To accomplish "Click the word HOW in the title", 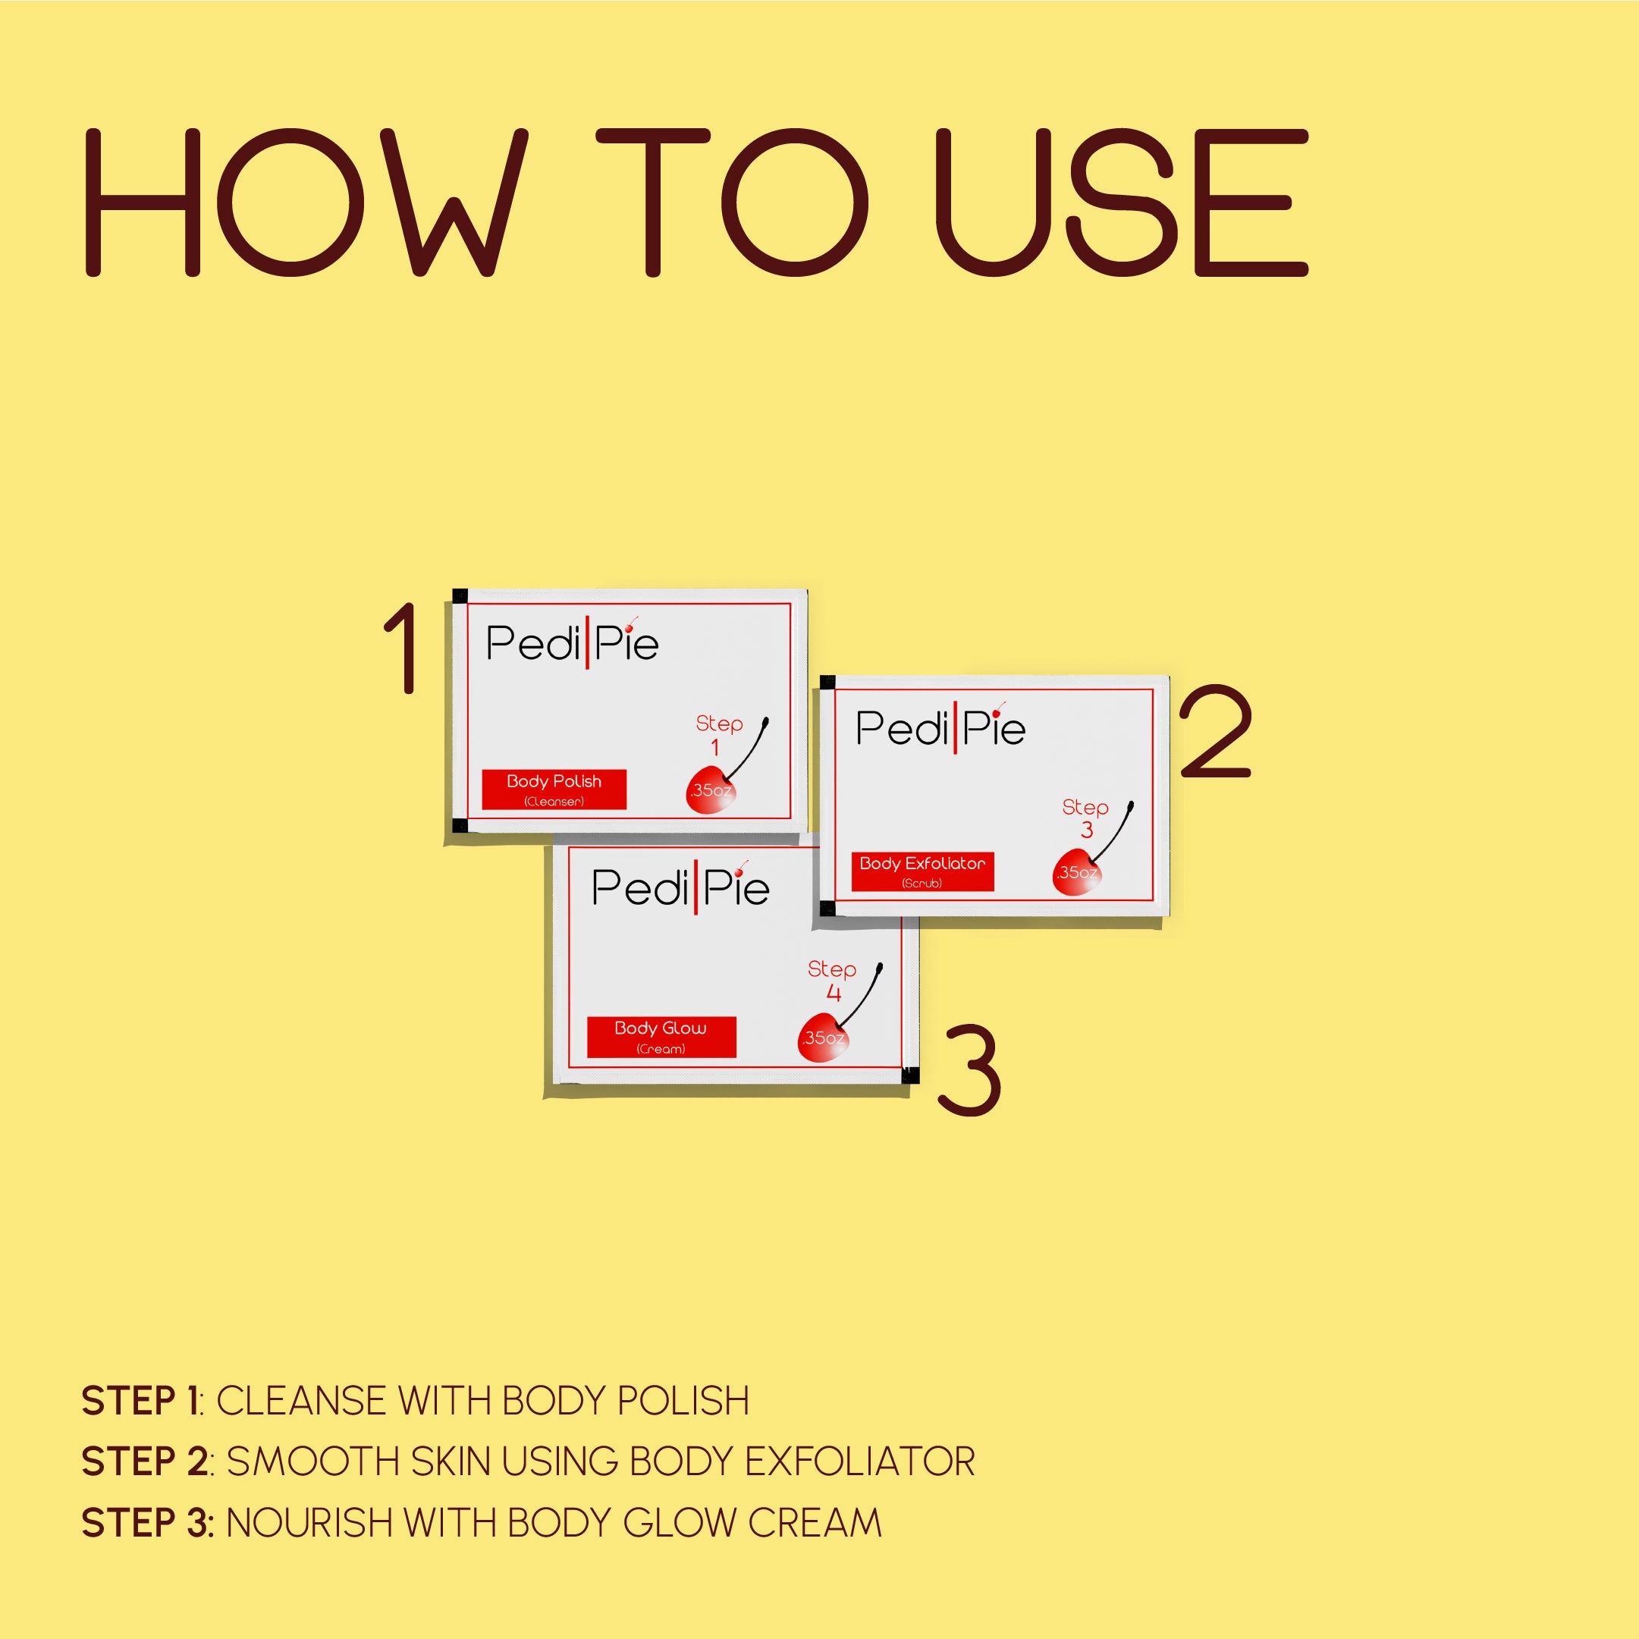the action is coord(306,203).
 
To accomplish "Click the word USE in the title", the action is coord(1122,203).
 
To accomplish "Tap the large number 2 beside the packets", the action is coord(1216,731).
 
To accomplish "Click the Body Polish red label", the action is coord(554,789).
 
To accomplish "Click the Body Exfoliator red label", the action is coord(922,871).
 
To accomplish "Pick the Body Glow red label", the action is coord(661,1037).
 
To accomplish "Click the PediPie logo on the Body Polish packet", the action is coord(573,642).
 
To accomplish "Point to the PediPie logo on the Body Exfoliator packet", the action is coord(940,727).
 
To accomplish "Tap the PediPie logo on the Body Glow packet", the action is coord(680,887).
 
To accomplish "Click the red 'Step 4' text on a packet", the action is coord(832,980).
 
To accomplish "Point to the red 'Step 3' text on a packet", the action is coord(1086,817).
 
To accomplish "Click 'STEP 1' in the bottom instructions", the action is coord(140,1401).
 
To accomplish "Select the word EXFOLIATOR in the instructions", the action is coord(859,1462).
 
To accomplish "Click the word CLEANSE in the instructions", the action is coord(301,1401).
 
